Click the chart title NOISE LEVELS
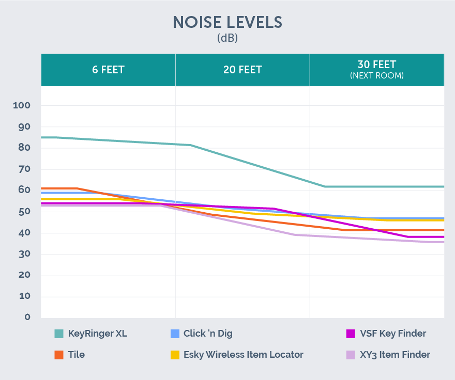228,22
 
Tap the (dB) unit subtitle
228,38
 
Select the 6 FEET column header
108,70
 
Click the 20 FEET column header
242,70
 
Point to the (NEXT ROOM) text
377,75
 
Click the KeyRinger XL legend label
97,334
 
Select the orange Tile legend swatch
59,355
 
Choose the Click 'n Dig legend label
208,334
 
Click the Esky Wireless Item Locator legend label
243,355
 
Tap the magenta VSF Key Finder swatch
351,334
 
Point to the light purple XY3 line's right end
442,242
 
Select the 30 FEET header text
377,65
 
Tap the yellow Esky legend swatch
175,355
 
